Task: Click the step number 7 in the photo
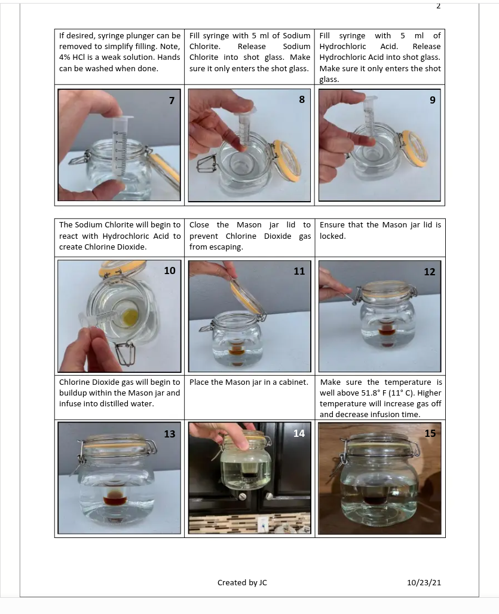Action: [x=172, y=101]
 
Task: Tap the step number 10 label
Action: [x=170, y=270]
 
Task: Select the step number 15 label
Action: [x=430, y=433]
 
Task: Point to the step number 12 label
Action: [x=430, y=272]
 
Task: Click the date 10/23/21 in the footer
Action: [x=424, y=582]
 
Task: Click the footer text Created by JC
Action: [x=242, y=582]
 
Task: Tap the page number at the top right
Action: [x=439, y=6]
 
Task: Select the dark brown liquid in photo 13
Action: [x=115, y=500]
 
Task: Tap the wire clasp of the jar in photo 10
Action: [x=126, y=353]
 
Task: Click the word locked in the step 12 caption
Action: [x=332, y=236]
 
